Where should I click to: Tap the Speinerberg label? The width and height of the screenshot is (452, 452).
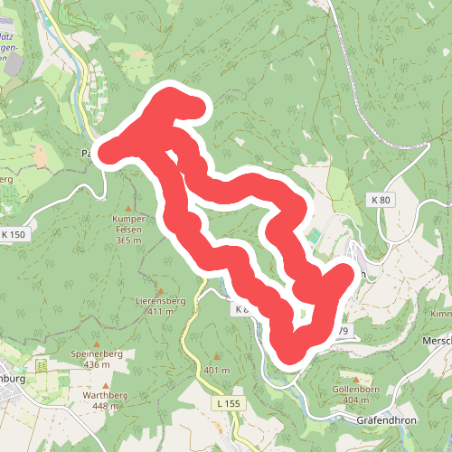(96, 354)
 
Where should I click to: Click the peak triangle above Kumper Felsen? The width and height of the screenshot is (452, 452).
(128, 209)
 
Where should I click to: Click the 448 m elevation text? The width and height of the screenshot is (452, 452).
(105, 407)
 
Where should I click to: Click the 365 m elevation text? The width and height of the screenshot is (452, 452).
(129, 240)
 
